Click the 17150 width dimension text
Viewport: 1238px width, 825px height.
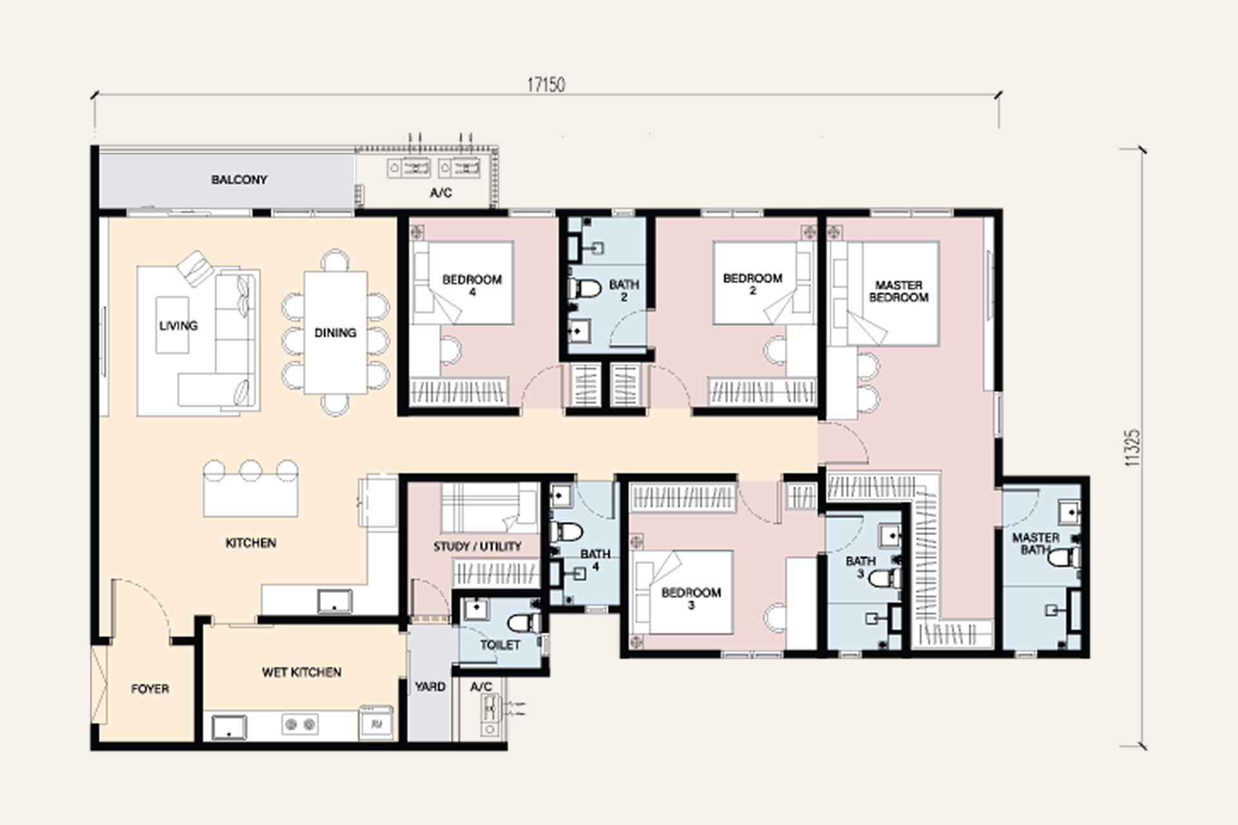(546, 84)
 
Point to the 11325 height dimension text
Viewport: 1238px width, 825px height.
(1132, 448)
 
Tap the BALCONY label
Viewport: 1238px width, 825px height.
(239, 180)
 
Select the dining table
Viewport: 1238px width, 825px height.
(335, 333)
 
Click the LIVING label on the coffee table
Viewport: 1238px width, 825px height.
(179, 325)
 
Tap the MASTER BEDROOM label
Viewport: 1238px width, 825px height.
(899, 291)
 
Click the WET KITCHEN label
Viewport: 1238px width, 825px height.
(301, 672)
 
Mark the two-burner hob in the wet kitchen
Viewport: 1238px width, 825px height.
(300, 724)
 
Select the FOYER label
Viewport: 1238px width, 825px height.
(150, 689)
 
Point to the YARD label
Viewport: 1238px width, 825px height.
(430, 687)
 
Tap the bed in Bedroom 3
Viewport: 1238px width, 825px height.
(683, 592)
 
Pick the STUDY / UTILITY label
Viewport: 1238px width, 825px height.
(477, 547)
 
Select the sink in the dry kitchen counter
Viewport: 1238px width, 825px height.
(335, 601)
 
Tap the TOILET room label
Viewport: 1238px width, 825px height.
(500, 645)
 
